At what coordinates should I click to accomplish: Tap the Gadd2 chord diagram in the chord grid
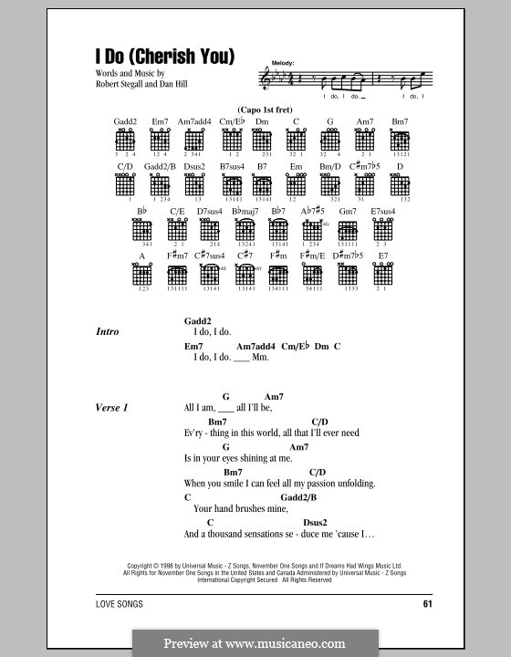coord(125,142)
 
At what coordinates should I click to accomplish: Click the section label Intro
coord(108,333)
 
